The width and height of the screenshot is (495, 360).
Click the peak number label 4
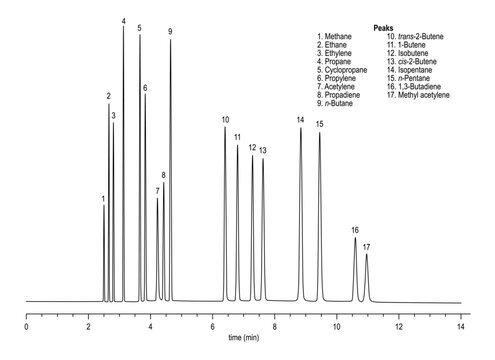coord(124,21)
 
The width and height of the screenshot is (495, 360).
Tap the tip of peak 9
coord(171,40)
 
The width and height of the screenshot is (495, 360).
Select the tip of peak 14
coord(301,128)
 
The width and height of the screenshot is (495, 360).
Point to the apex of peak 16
coord(355,238)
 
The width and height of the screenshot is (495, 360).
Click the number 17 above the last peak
coord(367,246)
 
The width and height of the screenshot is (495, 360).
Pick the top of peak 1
coord(103,207)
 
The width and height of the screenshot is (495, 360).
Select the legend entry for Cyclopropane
coord(345,70)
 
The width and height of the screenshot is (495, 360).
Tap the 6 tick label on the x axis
coord(212,324)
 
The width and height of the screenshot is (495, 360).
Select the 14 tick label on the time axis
coord(461,324)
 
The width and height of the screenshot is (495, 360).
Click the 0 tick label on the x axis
coord(26,324)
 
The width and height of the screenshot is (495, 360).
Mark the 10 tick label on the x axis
coord(337,324)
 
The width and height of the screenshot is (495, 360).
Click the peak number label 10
coord(226,120)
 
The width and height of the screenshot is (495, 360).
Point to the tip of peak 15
coord(320,132)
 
